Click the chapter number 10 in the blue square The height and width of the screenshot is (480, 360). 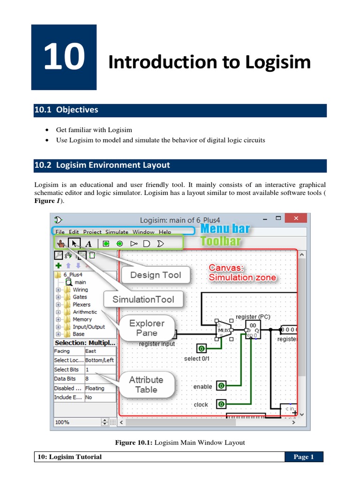click(x=64, y=58)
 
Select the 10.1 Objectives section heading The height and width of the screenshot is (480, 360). click(x=66, y=110)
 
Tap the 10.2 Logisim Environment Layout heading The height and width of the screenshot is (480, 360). click(x=102, y=165)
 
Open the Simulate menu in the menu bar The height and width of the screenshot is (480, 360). click(x=116, y=232)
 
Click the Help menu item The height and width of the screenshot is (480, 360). click(x=165, y=232)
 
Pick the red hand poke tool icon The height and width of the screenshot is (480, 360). click(x=60, y=243)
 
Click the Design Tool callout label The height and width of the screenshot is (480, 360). click(x=155, y=275)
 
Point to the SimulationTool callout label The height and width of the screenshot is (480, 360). click(x=143, y=299)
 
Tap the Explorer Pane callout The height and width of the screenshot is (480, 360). click(x=147, y=328)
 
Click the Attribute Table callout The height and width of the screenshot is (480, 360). click(x=146, y=384)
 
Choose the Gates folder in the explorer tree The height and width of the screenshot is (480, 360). click(x=80, y=297)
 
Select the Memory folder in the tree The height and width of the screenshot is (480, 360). click(x=82, y=319)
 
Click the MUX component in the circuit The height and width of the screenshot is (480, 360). click(x=223, y=330)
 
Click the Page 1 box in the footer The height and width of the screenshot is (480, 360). click(x=304, y=457)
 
